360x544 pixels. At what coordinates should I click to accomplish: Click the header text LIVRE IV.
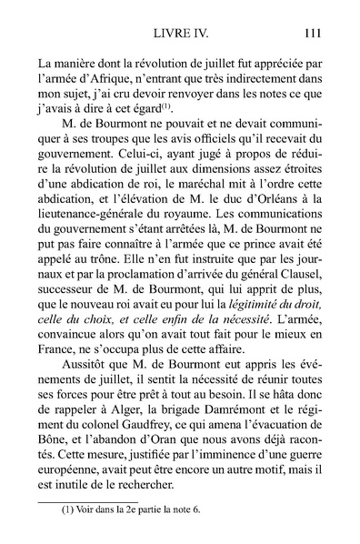point(182,35)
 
